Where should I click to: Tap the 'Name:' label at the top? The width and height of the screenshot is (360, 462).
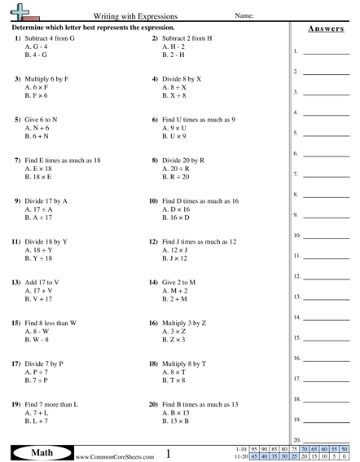[245, 15]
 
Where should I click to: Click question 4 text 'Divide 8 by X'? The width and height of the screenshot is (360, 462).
[182, 78]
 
